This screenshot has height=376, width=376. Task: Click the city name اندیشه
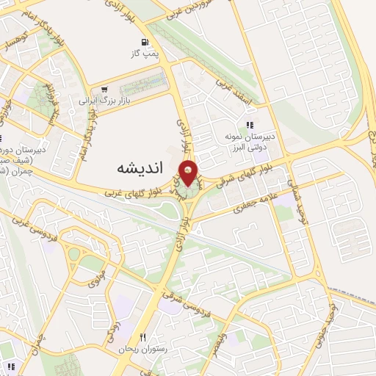coord(139,168)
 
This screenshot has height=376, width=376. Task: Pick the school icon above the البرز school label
coord(250,125)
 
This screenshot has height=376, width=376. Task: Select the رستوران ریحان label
coord(143,350)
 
